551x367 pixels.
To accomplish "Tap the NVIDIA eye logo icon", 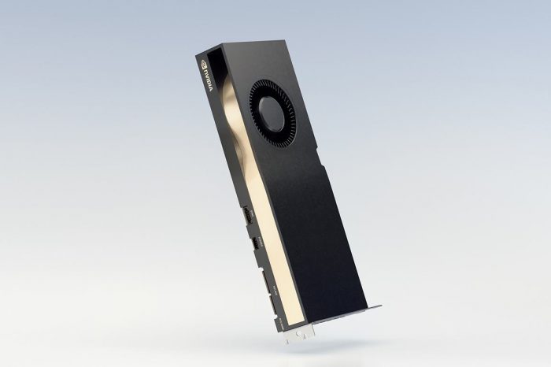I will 204,62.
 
